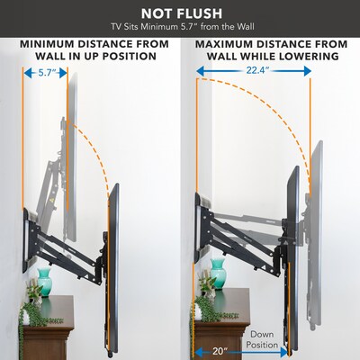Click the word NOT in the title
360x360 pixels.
coord(155,13)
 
